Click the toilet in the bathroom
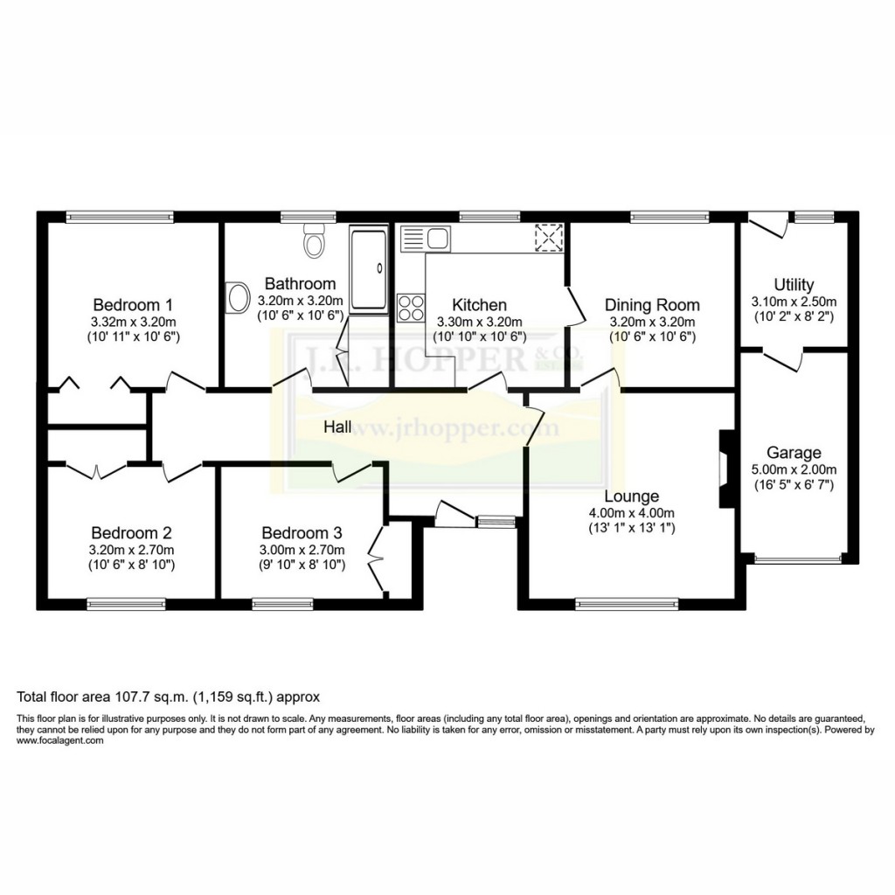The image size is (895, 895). [314, 239]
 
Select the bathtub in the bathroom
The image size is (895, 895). [368, 269]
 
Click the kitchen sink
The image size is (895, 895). [425, 236]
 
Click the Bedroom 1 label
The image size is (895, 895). [133, 305]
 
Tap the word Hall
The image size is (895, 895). [337, 427]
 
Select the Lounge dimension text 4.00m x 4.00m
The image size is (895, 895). [631, 513]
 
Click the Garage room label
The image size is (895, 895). [794, 453]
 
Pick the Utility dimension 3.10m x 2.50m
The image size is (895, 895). [794, 301]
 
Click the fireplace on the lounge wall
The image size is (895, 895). [725, 468]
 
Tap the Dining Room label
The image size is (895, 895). [652, 305]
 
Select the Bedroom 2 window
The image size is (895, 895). [126, 603]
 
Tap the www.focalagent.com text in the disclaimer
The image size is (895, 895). [60, 740]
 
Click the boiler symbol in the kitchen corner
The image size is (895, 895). [549, 238]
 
